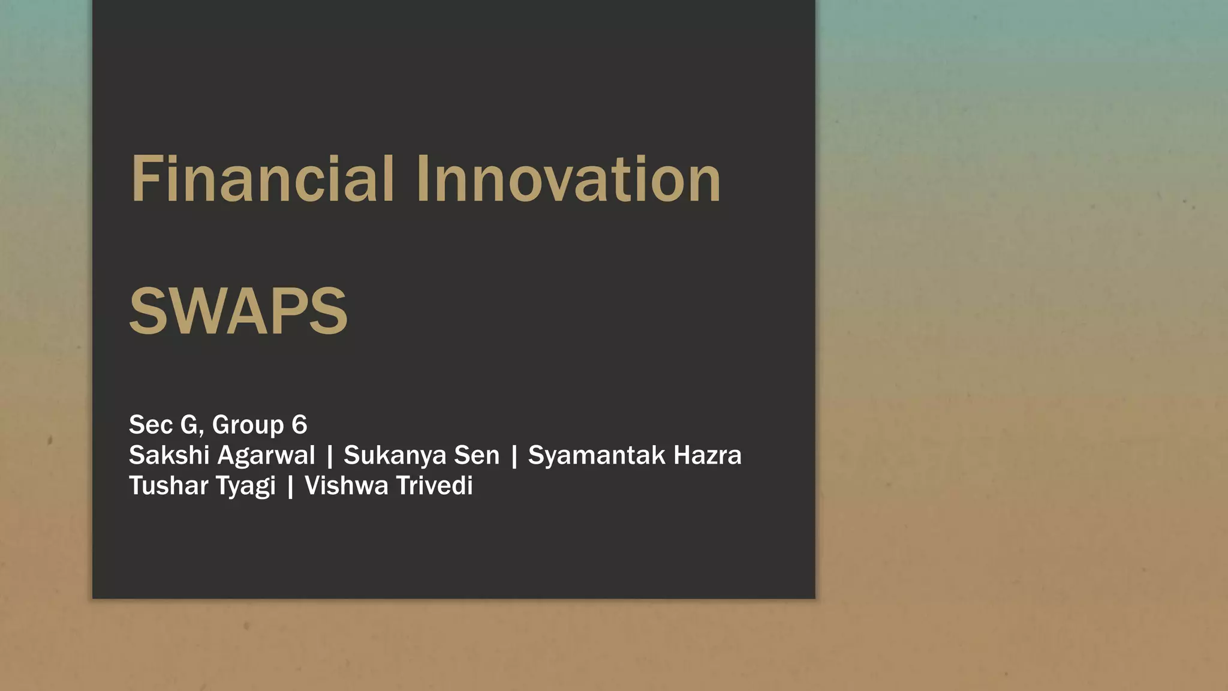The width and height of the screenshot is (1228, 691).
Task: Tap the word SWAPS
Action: (x=238, y=311)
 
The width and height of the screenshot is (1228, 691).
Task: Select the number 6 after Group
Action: (x=299, y=425)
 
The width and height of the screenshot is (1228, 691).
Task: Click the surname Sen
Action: (x=477, y=455)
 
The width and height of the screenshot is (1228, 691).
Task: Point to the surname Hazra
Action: (x=708, y=455)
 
